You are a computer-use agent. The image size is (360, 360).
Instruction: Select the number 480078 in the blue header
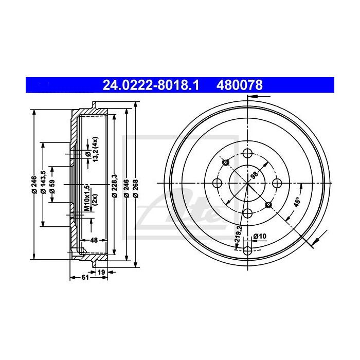[x=242, y=84]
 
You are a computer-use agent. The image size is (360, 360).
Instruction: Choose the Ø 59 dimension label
[x=52, y=184]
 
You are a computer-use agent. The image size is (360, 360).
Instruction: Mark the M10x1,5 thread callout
[x=88, y=197]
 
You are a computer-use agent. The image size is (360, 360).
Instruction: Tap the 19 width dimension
[x=101, y=272]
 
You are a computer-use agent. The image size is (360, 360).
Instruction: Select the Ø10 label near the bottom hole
[x=260, y=236]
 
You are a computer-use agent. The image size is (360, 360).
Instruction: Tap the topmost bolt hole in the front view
[x=247, y=153]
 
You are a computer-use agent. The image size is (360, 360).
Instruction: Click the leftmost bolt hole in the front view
[x=217, y=184]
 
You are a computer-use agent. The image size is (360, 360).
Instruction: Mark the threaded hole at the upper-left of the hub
[x=226, y=163]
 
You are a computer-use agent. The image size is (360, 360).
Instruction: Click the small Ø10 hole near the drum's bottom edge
[x=247, y=250]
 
